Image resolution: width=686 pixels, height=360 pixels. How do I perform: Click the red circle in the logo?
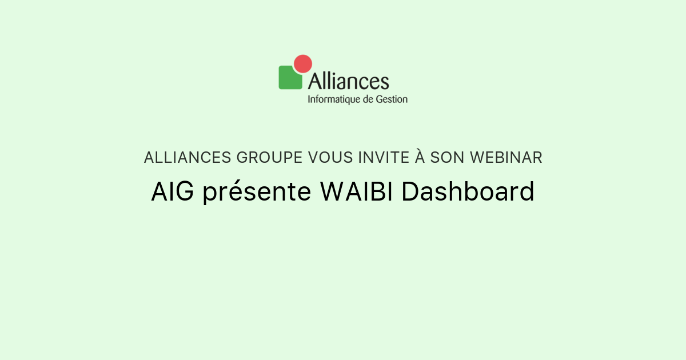(302, 63)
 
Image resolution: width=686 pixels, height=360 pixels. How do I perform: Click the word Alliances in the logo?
(349, 81)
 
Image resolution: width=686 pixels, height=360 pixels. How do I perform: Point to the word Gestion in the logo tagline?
(392, 99)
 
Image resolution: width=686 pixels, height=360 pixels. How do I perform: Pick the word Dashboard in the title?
(468, 192)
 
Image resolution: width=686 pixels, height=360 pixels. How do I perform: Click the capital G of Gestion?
(379, 99)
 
